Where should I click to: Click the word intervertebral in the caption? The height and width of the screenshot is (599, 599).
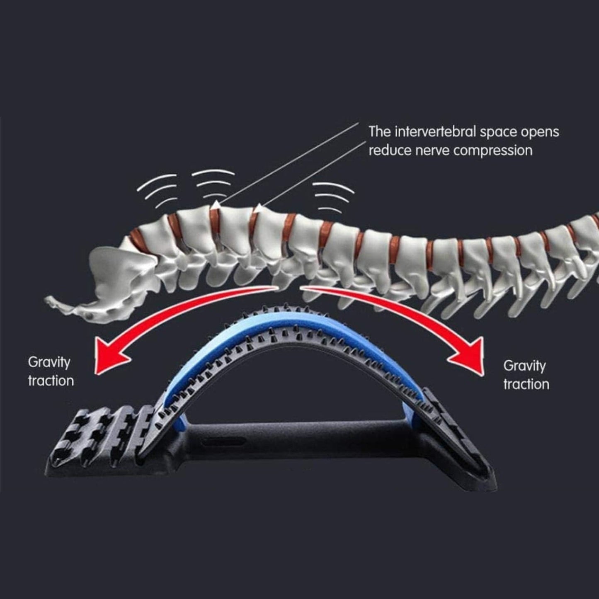click(x=436, y=132)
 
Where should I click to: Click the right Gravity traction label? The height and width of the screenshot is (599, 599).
click(x=526, y=375)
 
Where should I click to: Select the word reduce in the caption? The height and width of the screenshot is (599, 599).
click(x=388, y=150)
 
